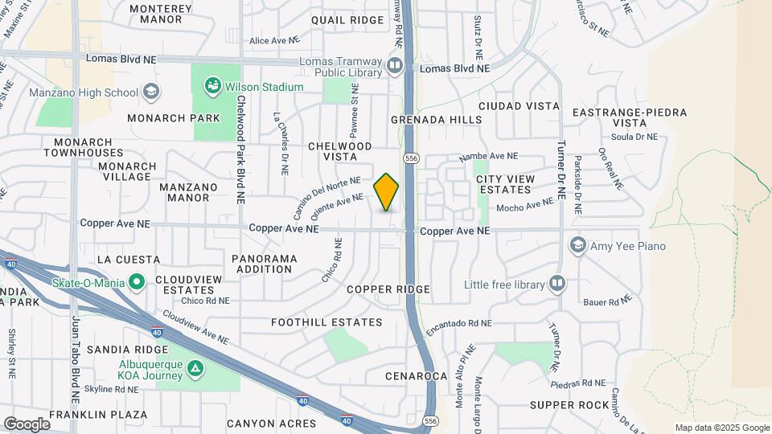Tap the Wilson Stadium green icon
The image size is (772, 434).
coord(212,86)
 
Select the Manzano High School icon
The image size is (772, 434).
coord(150,92)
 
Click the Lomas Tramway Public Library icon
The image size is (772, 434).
coord(394,65)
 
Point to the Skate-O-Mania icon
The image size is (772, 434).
coord(137,282)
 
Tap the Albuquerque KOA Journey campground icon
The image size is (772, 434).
coord(194,368)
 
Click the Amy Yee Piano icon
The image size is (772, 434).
coord(577,246)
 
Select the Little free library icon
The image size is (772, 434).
coord(556,284)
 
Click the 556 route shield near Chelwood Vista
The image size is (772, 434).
coord(412,157)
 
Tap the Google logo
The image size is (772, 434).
coord(27,424)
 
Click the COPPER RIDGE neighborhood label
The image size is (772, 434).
coord(388,289)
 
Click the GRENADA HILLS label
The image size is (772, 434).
coord(437,120)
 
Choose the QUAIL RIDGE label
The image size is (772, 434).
coord(347,19)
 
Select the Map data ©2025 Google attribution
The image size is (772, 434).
coord(722,428)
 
